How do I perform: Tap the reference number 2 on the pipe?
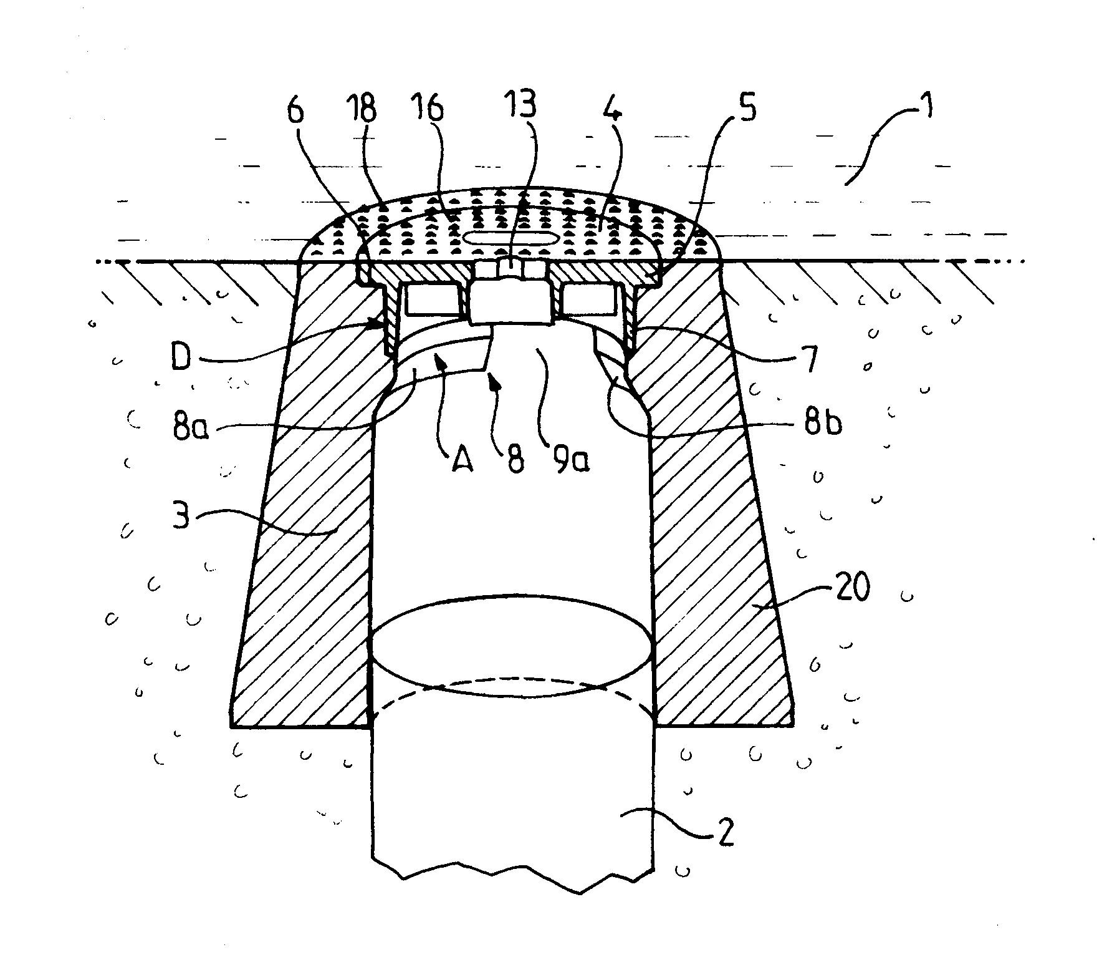[x=724, y=829]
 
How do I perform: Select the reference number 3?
[x=180, y=513]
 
